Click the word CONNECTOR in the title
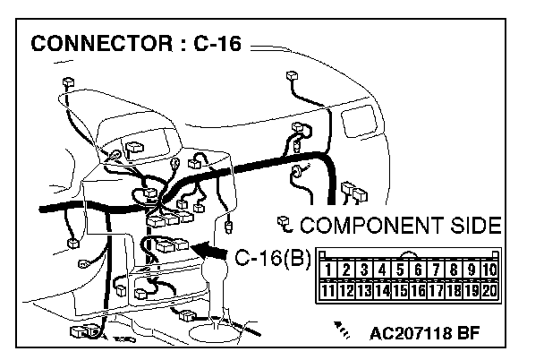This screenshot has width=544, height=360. (x=102, y=44)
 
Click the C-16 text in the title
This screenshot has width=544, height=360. (x=217, y=44)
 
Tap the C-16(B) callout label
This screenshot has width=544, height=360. (x=273, y=258)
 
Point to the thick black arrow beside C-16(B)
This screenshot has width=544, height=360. (x=208, y=251)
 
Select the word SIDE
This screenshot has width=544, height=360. (x=476, y=225)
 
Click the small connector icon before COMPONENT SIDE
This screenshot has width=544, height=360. (x=285, y=225)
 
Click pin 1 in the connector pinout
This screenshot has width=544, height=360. (x=327, y=270)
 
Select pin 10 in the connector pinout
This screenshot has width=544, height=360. (x=489, y=270)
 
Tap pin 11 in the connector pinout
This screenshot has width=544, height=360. (x=327, y=290)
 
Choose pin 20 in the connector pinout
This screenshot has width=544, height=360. (x=489, y=290)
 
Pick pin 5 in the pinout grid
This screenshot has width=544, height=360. (x=400, y=270)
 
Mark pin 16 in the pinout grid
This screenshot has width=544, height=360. (x=418, y=290)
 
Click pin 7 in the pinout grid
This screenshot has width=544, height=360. (x=436, y=270)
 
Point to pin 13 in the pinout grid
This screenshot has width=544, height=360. (x=364, y=290)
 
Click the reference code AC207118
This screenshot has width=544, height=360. (x=411, y=334)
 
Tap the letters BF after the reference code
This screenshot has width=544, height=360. (x=469, y=334)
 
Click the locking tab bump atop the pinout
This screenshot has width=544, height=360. (x=409, y=254)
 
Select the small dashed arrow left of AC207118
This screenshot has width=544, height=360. (x=342, y=330)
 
